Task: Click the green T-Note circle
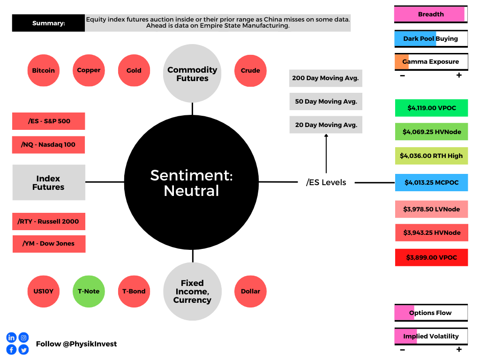89,291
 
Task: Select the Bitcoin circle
44,70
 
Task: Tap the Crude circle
250,70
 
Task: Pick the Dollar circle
250,291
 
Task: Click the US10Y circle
44,291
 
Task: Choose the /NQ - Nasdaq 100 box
48,144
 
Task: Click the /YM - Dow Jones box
49,244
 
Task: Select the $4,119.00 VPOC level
431,108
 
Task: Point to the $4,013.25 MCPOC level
431,182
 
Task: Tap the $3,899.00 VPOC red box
431,257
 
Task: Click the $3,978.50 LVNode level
431,209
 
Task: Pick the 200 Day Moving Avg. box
326,78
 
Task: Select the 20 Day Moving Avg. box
326,125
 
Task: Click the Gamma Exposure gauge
431,62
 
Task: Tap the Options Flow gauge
431,313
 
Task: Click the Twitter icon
23,350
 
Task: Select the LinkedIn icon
11,337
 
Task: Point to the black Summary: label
48,23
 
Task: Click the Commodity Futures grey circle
192,74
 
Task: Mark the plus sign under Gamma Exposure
459,75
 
